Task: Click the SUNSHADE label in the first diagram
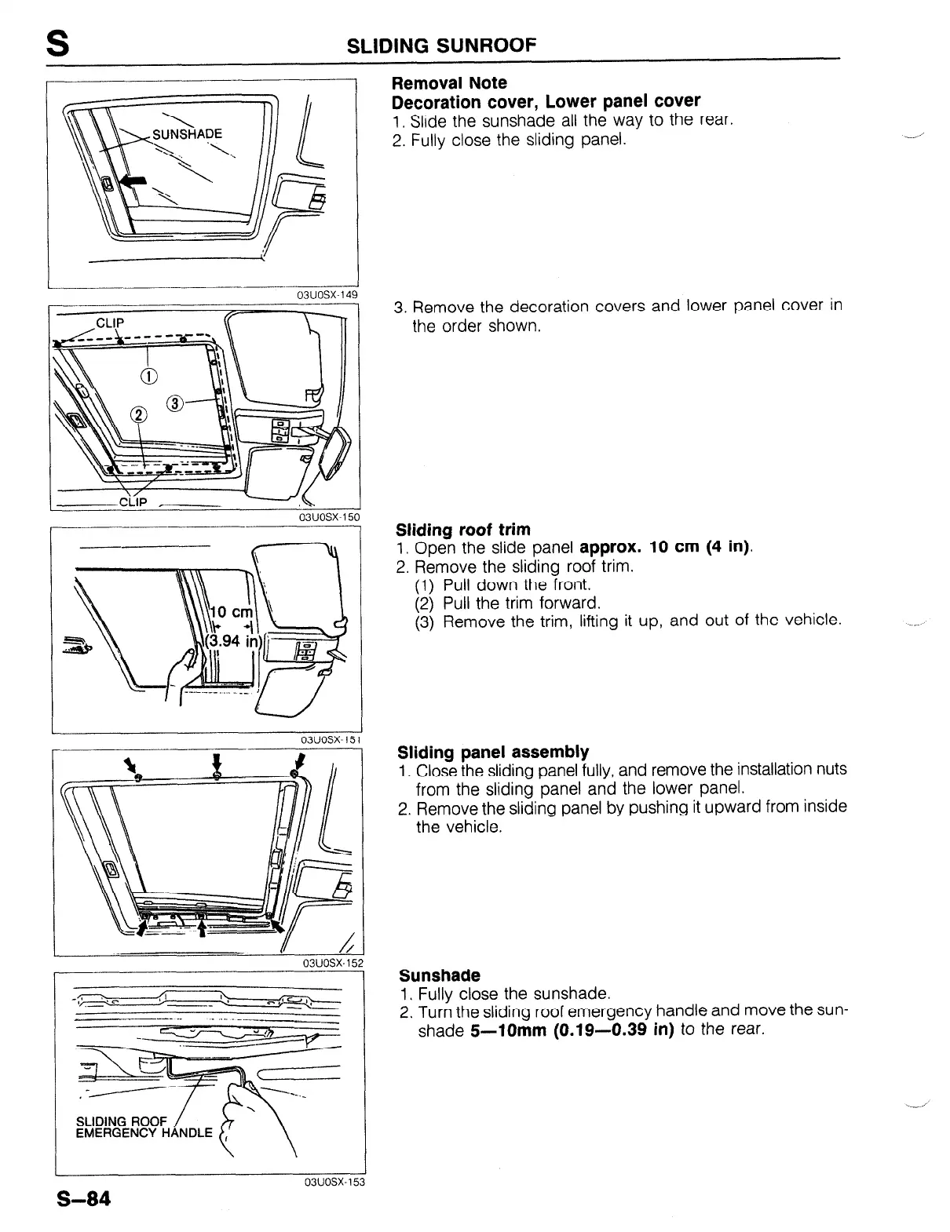pos(187,133)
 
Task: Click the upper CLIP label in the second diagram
pos(111,323)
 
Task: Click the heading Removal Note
pos(449,82)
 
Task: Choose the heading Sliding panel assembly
pos(493,752)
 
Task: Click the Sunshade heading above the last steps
pos(439,975)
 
